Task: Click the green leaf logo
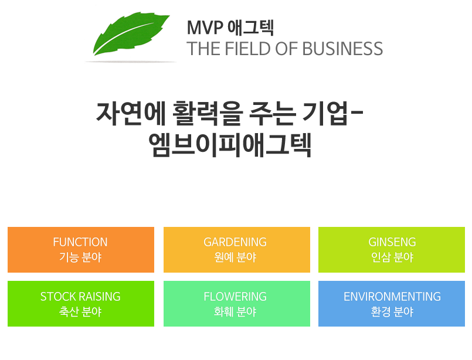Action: pyautogui.click(x=130, y=33)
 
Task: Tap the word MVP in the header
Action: pyautogui.click(x=205, y=28)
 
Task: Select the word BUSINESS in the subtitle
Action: pyautogui.click(x=342, y=49)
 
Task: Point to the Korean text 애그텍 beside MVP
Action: pyautogui.click(x=250, y=28)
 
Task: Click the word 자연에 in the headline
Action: pyautogui.click(x=131, y=114)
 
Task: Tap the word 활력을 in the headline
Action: pyautogui.click(x=208, y=114)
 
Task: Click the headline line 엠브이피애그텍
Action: pyautogui.click(x=230, y=145)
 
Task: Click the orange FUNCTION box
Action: pyautogui.click(x=81, y=250)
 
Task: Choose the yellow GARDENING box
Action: pyautogui.click(x=237, y=250)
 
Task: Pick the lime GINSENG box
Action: pyautogui.click(x=392, y=250)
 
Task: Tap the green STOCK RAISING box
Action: pyautogui.click(x=81, y=303)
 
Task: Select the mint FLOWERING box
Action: pyautogui.click(x=237, y=303)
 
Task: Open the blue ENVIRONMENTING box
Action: pyautogui.click(x=392, y=303)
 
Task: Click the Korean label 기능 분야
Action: pyautogui.click(x=80, y=257)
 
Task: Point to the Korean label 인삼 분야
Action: pyautogui.click(x=392, y=257)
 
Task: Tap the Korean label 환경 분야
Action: pyautogui.click(x=392, y=311)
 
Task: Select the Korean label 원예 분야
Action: pyautogui.click(x=235, y=257)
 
